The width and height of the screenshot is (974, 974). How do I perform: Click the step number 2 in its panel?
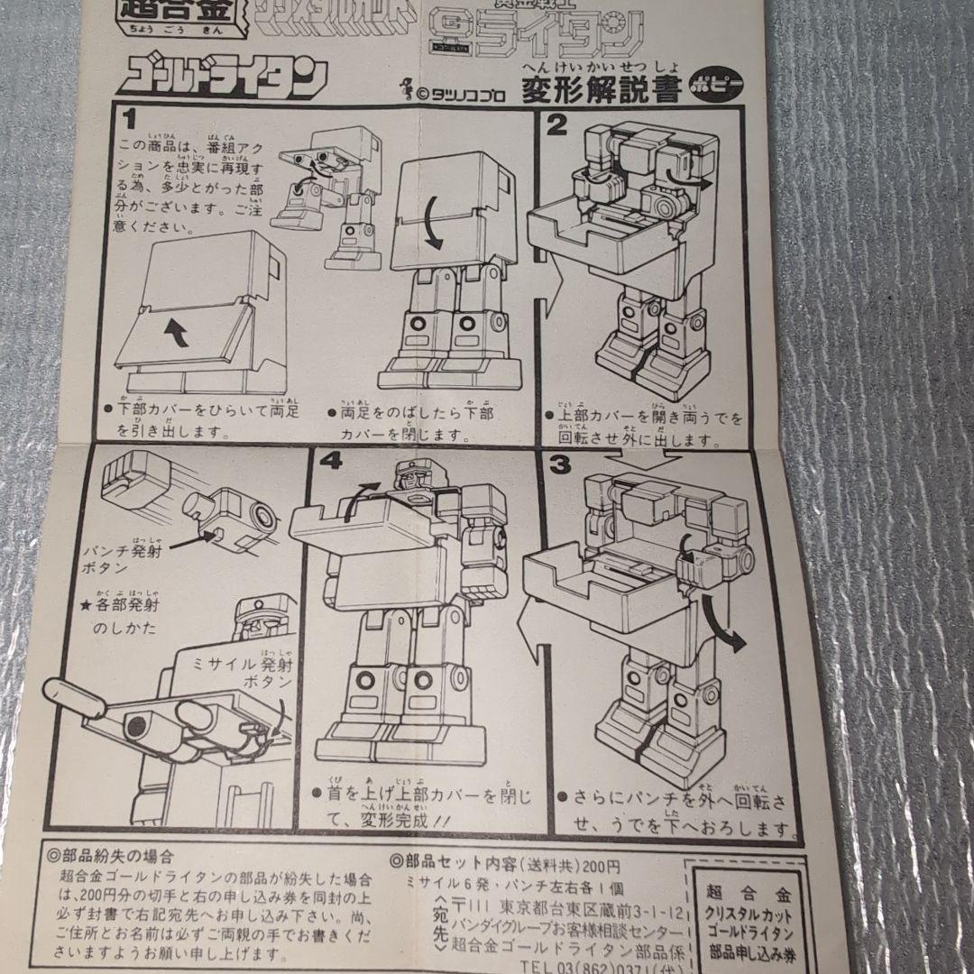(557, 125)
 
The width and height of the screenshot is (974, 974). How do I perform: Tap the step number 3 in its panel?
(558, 464)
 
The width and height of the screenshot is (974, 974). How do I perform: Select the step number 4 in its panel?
(330, 463)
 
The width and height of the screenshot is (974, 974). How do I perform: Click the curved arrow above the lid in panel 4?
(361, 497)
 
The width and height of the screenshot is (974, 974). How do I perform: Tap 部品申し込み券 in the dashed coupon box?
(751, 951)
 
